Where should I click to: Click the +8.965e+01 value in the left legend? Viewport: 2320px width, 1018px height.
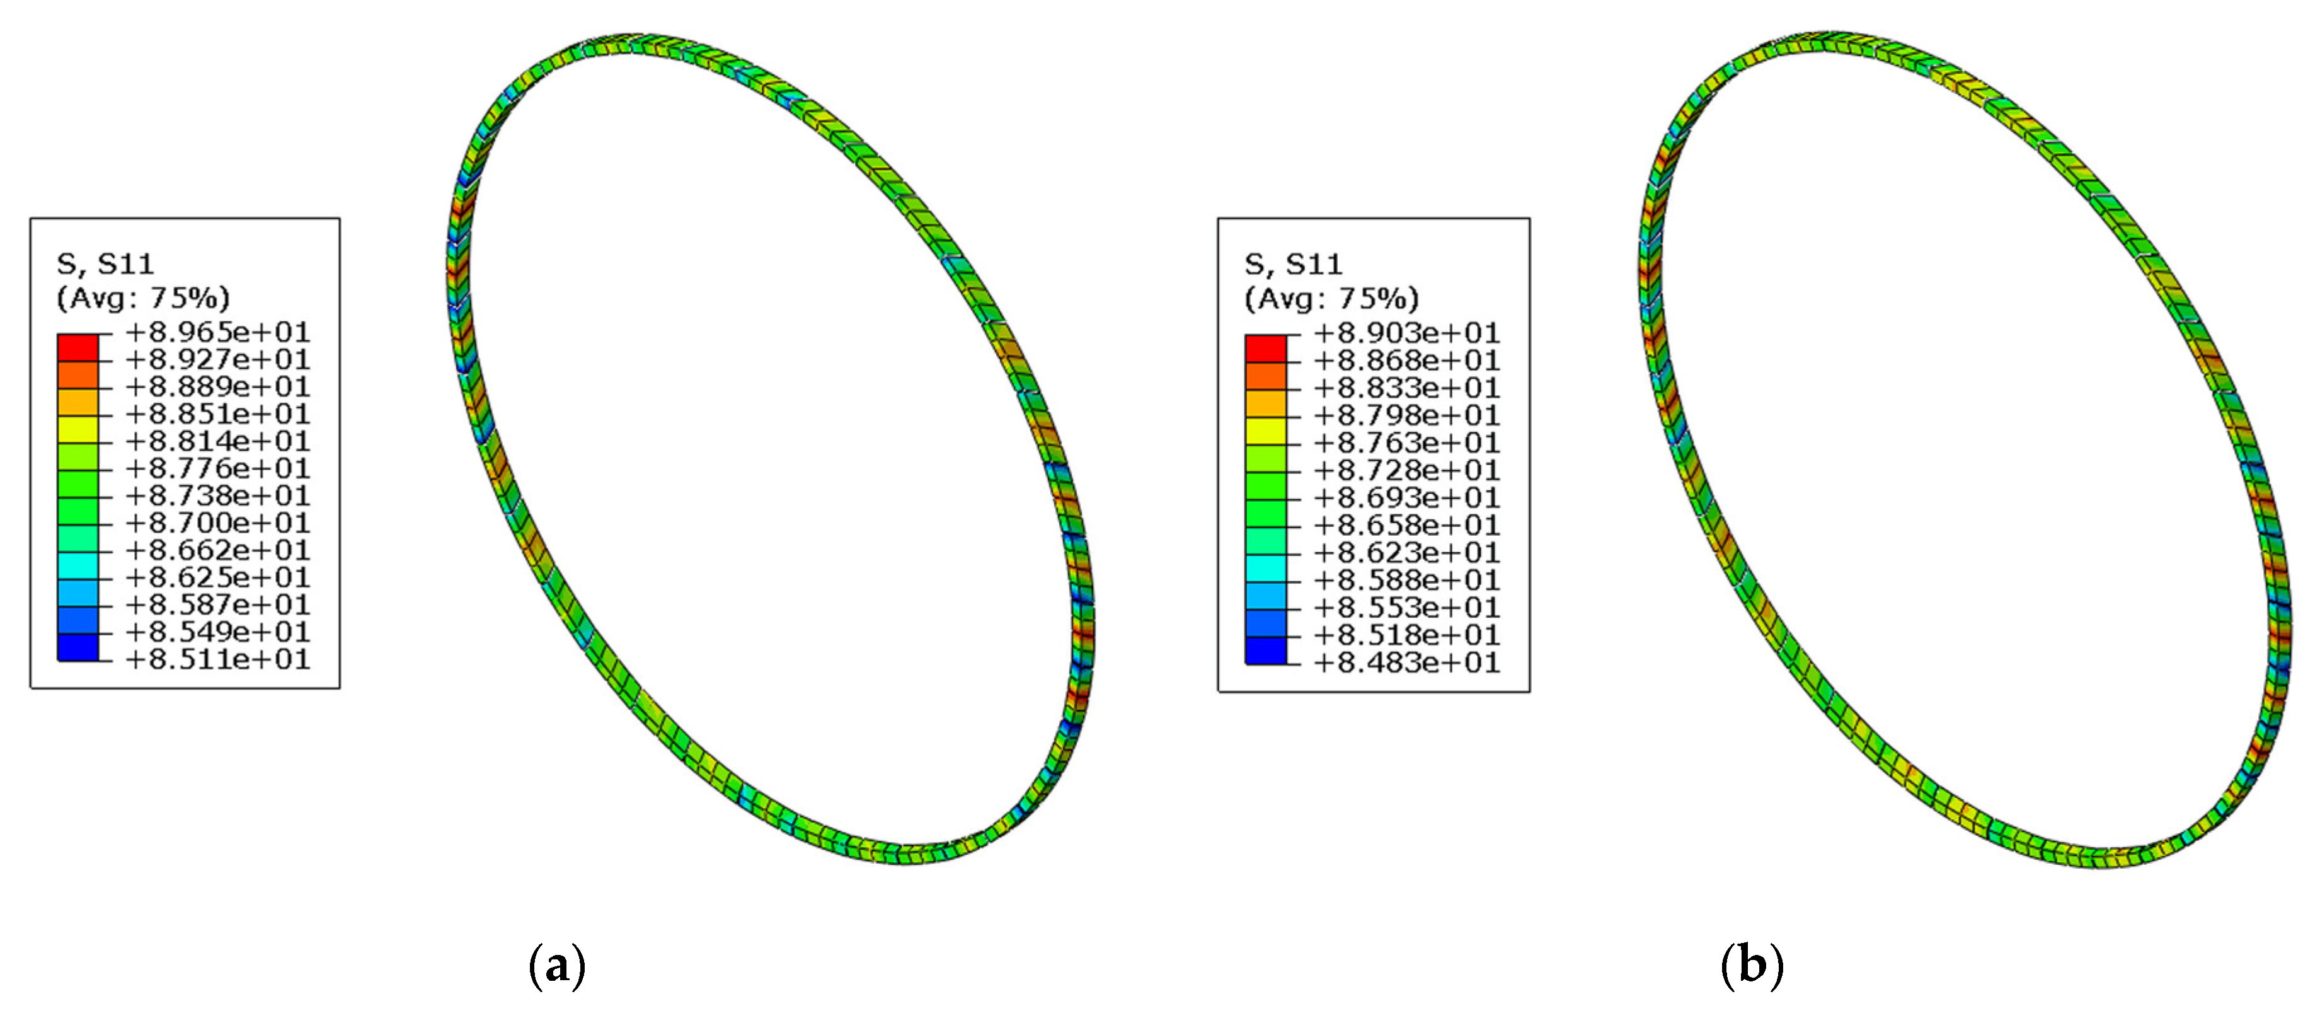pos(217,332)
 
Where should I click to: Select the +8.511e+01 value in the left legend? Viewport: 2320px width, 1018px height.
pos(217,659)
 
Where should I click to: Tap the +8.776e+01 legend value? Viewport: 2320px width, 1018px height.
pos(217,468)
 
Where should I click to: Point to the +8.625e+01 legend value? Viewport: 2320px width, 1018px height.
pos(217,577)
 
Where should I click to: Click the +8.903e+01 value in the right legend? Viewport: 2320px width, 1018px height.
pos(1407,333)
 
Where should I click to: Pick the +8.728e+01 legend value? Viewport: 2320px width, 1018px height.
pos(1407,470)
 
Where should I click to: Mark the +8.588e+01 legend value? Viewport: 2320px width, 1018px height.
pos(1407,580)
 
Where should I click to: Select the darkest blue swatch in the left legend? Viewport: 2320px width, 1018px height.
pos(78,647)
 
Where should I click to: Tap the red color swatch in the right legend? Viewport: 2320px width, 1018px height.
pos(1265,349)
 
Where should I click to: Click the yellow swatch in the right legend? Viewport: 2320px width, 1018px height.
pos(1265,431)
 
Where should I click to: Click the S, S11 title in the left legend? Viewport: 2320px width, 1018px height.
pos(105,264)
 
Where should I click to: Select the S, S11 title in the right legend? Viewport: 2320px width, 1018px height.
pos(1294,265)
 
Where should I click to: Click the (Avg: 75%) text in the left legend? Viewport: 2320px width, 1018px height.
pos(143,298)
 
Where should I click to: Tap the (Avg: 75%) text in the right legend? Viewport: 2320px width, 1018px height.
pos(1331,298)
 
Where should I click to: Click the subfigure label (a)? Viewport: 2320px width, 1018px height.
pos(556,966)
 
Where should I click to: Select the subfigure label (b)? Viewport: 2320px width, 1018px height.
pos(1752,966)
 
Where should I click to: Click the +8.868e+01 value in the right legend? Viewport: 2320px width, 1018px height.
pos(1407,361)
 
